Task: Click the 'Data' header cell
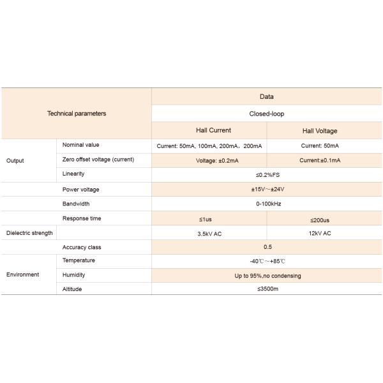[266, 97]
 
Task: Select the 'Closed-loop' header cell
[266, 114]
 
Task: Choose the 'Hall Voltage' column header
[320, 131]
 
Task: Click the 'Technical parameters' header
[77, 114]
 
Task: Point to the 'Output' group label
[15, 160]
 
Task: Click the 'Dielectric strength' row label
[29, 233]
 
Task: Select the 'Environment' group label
[22, 274]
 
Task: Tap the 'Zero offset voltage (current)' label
[98, 160]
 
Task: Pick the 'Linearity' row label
[73, 174]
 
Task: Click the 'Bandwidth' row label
[76, 204]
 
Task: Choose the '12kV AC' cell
[319, 234]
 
